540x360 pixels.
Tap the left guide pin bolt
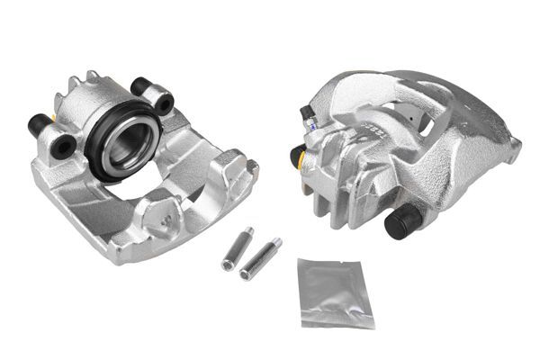[235, 249]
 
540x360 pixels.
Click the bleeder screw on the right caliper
[307, 114]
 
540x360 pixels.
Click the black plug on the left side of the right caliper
[295, 155]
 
